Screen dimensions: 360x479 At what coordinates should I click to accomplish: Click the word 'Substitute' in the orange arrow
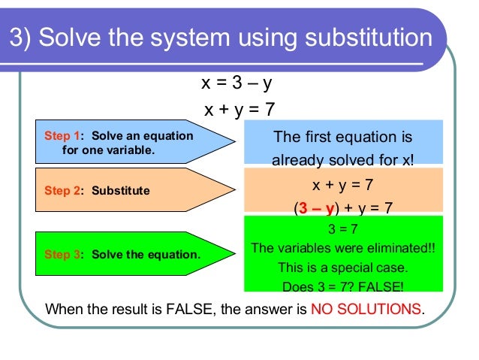point(121,191)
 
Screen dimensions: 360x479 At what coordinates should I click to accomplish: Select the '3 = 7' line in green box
point(343,230)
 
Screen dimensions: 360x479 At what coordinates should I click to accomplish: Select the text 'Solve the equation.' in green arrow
point(146,254)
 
